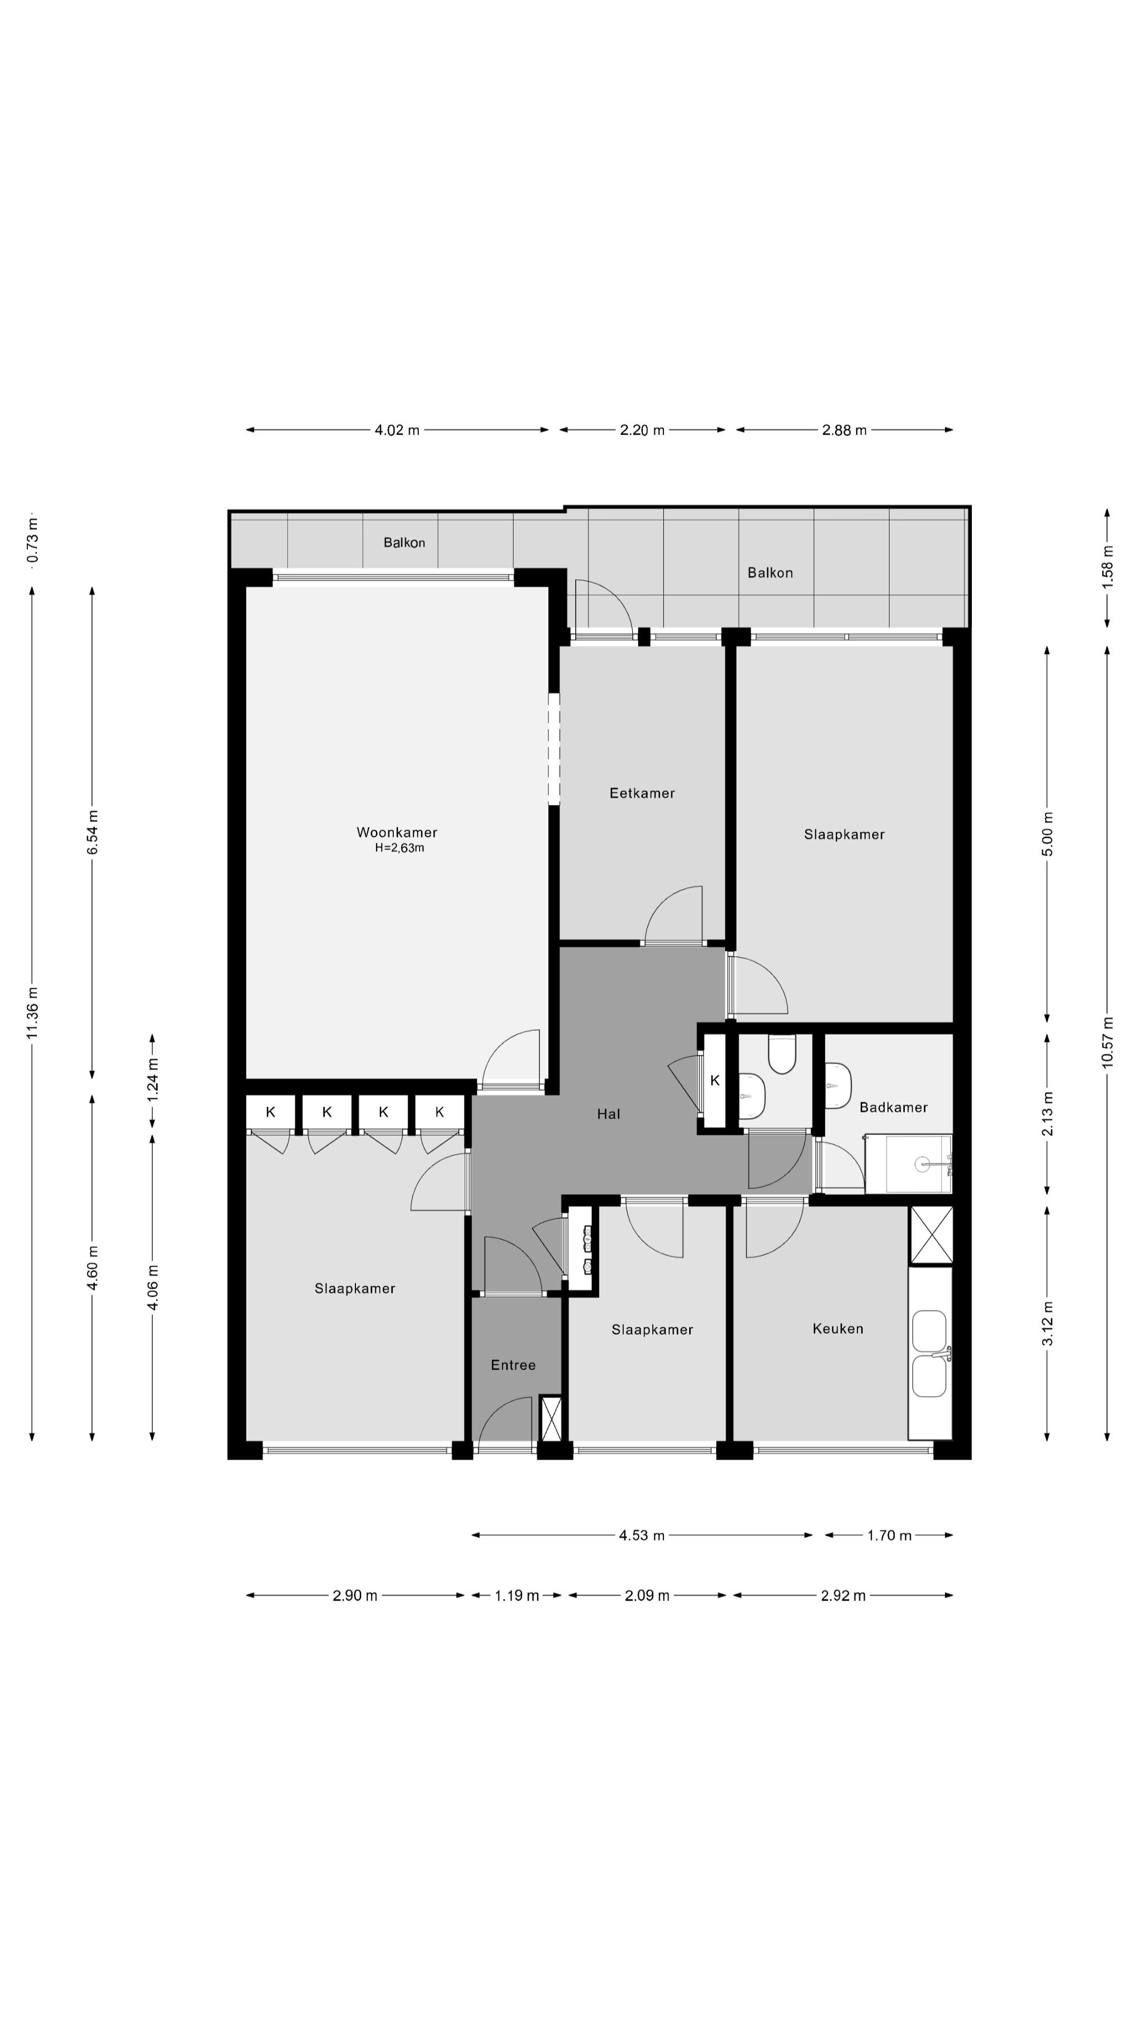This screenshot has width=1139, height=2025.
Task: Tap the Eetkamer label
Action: (642, 793)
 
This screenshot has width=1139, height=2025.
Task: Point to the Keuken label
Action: (838, 1328)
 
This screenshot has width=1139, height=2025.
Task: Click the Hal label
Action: (609, 1113)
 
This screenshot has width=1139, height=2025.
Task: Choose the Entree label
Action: (513, 1365)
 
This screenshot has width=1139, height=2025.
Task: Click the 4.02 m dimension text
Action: (397, 430)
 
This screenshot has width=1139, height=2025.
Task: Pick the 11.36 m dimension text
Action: (32, 1012)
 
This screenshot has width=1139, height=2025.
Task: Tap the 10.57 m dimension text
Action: (1107, 1043)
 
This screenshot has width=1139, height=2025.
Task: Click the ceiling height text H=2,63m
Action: (399, 847)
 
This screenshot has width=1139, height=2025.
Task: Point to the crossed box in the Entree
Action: (552, 1418)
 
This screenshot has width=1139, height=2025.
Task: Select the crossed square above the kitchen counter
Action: (931, 1235)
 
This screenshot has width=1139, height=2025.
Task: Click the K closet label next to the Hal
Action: (715, 1080)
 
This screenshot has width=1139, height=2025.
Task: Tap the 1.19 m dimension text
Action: (516, 1595)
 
